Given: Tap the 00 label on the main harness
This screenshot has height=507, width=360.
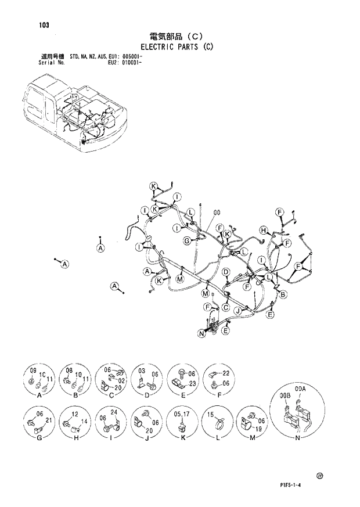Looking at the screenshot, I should click(x=218, y=212).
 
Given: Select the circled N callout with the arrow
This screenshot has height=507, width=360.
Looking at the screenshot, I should click(x=201, y=333).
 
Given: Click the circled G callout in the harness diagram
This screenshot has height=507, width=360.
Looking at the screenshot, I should click(x=188, y=240).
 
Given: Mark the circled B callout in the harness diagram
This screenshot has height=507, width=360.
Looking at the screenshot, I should click(x=283, y=295).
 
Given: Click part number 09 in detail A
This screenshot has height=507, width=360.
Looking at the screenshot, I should click(x=33, y=370).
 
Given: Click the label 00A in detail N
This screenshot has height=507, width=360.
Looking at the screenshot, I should click(x=300, y=389).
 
